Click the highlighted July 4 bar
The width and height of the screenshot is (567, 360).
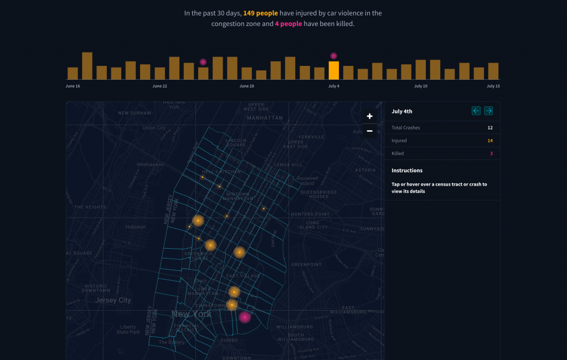pos(333,70)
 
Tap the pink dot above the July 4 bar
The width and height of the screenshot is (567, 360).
pos(333,56)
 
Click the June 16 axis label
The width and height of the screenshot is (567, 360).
pos(73,86)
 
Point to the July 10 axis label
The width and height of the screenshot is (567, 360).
pos(421,86)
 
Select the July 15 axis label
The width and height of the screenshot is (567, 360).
pos(493,86)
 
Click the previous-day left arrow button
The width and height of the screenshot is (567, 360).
pos(476,111)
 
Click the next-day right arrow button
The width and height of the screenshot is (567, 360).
pos(488,111)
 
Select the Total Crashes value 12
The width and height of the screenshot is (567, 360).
pos(489,128)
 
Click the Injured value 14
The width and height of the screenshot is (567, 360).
pos(489,141)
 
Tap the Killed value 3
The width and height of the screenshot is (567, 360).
pos(491,153)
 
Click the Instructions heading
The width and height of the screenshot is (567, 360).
pos(407,171)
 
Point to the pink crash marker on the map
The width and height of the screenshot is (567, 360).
pos(245,317)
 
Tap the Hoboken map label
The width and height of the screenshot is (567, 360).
pos(136,227)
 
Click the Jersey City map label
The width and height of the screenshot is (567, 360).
pos(113,300)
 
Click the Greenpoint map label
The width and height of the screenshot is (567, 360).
pos(306,265)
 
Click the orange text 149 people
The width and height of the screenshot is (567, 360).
pos(260,13)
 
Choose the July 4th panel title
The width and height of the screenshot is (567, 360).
pos(402,111)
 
